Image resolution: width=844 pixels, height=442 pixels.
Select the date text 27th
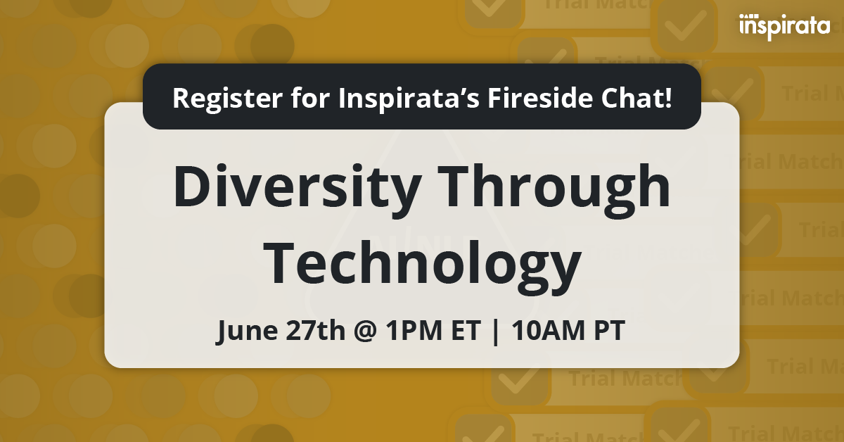click(x=309, y=330)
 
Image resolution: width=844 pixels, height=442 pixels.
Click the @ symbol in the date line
click(x=360, y=331)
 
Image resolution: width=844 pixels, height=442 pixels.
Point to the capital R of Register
click(x=180, y=97)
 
